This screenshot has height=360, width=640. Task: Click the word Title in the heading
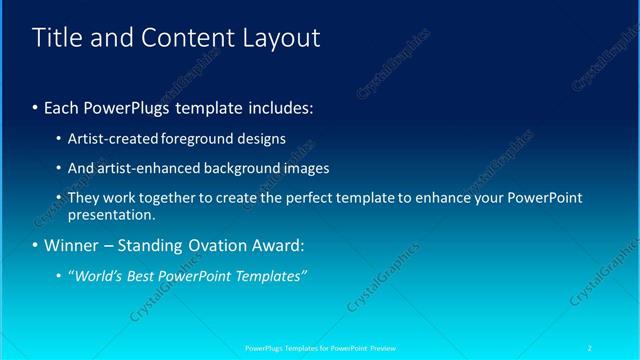click(x=59, y=38)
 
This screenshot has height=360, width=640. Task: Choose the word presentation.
click(x=112, y=214)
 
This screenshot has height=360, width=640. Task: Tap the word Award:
click(x=290, y=245)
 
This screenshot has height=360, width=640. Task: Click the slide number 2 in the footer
click(x=591, y=347)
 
